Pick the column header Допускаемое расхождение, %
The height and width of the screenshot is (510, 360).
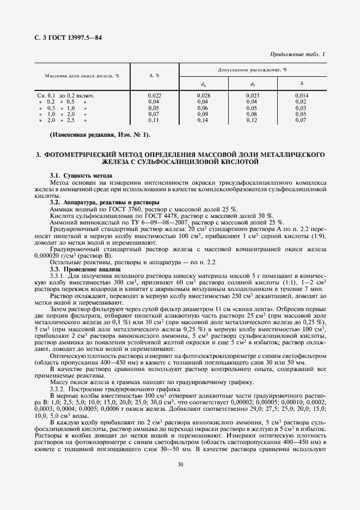pos(253,70)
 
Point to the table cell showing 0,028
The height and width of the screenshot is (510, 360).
pos(203,95)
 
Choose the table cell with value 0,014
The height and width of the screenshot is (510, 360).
pos(301,95)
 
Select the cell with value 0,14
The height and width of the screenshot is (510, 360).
pos(203,119)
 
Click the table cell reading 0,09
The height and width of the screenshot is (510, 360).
pos(203,113)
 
